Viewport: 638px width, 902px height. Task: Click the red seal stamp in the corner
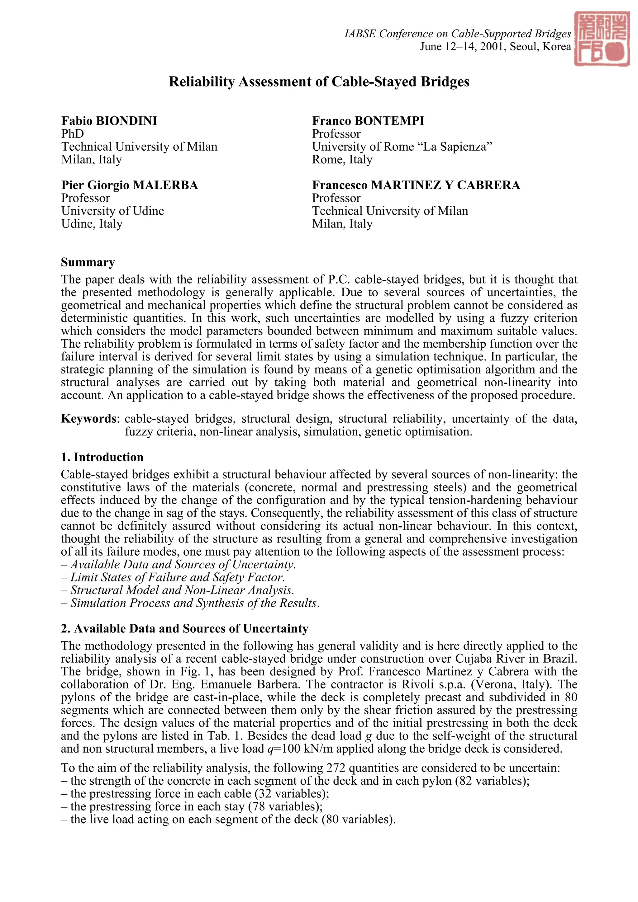coord(602,39)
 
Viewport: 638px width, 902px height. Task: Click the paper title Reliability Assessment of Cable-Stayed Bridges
coord(319,82)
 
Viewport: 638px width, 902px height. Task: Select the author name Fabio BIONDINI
coord(109,120)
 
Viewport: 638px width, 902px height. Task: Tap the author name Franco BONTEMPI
coord(368,120)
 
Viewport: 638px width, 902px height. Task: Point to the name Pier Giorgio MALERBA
coord(129,185)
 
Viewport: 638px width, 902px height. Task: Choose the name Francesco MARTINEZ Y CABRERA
coord(416,185)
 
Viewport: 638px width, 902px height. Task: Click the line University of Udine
coord(112,211)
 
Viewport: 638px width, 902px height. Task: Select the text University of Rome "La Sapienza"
coord(402,147)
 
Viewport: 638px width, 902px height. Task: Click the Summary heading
coord(88,262)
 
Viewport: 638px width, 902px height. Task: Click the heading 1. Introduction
coord(102,457)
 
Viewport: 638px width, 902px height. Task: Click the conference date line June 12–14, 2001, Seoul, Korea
coord(495,47)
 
